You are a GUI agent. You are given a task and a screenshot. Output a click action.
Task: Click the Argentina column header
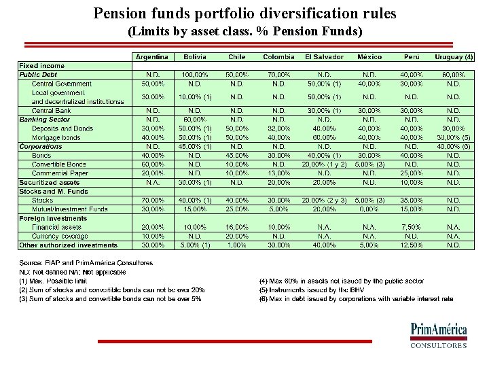[x=152, y=57]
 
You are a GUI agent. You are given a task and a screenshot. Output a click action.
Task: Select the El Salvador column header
[x=324, y=57]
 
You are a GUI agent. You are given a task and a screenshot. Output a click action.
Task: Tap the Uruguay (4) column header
[x=453, y=57]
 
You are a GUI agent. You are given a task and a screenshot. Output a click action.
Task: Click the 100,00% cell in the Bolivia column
[x=195, y=75]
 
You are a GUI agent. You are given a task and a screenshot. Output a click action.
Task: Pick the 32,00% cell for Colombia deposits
[x=279, y=128]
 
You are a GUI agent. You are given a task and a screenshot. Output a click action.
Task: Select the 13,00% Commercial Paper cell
[x=279, y=173]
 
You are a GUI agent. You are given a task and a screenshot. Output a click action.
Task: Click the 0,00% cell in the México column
[x=369, y=209]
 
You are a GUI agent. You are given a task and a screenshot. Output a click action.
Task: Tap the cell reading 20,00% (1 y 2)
[x=324, y=164]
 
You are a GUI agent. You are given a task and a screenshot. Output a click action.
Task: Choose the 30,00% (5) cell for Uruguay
[x=453, y=137]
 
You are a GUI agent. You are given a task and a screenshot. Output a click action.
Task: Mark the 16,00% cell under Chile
[x=237, y=227]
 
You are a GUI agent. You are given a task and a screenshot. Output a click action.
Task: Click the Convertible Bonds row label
[x=59, y=164]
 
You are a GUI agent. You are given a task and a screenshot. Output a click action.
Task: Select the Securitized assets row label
[x=50, y=182]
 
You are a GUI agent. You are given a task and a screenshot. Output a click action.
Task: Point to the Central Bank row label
[x=52, y=111]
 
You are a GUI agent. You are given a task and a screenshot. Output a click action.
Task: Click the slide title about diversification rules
[x=244, y=13]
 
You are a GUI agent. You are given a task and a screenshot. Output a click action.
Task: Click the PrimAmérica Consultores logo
[x=438, y=335]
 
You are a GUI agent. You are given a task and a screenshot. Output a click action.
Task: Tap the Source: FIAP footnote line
[x=86, y=263]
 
